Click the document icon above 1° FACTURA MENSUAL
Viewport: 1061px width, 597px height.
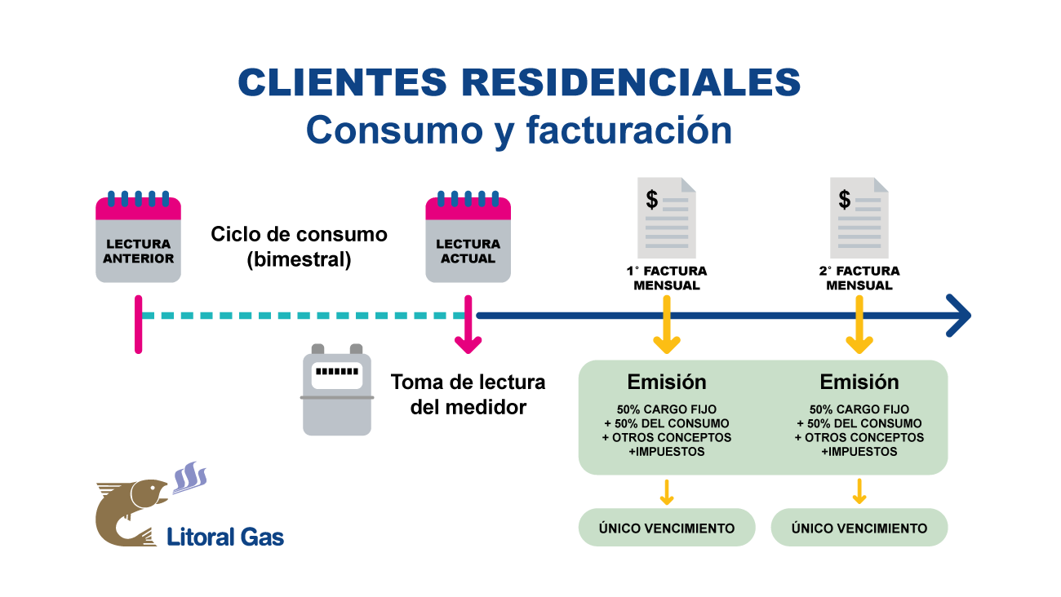[x=667, y=218]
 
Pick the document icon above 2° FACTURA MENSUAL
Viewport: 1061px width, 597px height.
[x=859, y=218]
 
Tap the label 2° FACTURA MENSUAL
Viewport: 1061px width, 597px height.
[x=859, y=278]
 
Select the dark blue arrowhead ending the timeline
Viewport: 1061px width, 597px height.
[x=958, y=316]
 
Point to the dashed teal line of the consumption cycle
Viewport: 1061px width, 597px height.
[x=302, y=316]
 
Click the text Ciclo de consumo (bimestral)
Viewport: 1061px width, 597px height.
[x=299, y=247]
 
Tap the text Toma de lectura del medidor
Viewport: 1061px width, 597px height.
[x=468, y=394]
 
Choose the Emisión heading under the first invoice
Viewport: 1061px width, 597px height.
[x=667, y=382]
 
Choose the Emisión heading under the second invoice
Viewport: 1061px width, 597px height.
[x=859, y=382]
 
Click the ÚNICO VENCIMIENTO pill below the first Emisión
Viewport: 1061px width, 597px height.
[x=667, y=528]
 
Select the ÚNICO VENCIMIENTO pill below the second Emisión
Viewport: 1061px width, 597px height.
[x=859, y=528]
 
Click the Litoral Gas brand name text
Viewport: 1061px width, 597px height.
[x=225, y=536]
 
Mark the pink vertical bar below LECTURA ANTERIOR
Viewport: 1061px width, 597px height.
[x=138, y=325]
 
